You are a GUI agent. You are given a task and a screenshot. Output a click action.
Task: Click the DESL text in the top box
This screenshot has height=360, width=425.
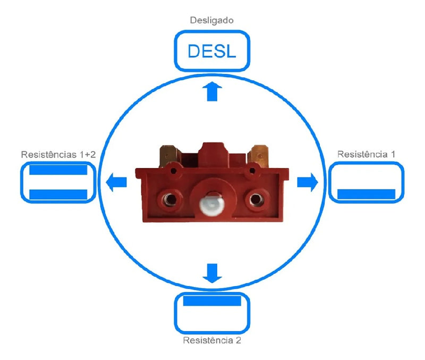pyautogui.click(x=212, y=52)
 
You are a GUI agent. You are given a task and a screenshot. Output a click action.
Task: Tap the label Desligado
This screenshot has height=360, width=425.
pyautogui.click(x=212, y=21)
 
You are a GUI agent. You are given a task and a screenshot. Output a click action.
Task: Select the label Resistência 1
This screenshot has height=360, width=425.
pyautogui.click(x=366, y=154)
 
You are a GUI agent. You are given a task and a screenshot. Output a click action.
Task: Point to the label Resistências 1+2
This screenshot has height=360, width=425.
pyautogui.click(x=58, y=154)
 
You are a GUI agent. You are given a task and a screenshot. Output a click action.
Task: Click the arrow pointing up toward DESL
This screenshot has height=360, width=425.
pyautogui.click(x=212, y=91)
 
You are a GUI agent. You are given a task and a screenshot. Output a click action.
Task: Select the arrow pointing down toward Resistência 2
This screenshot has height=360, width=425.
pyautogui.click(x=213, y=273)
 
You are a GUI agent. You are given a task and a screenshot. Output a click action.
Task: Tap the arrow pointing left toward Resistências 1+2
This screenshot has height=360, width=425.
pyautogui.click(x=117, y=182)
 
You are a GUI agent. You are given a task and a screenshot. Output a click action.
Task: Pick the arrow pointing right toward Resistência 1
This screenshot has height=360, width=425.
pyautogui.click(x=307, y=182)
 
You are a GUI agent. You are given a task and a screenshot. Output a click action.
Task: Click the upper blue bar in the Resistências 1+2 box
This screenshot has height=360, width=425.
pyautogui.click(x=57, y=170)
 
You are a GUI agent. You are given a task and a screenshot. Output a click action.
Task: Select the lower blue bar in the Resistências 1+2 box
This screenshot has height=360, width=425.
pyautogui.click(x=57, y=194)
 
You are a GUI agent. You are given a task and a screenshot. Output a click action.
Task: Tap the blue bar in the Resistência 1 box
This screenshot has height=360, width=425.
pyautogui.click(x=366, y=194)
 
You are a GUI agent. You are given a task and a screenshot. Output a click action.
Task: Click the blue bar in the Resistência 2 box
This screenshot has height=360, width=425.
pyautogui.click(x=212, y=301)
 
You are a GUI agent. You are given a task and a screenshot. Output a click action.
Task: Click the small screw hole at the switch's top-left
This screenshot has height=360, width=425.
pyautogui.click(x=173, y=171)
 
